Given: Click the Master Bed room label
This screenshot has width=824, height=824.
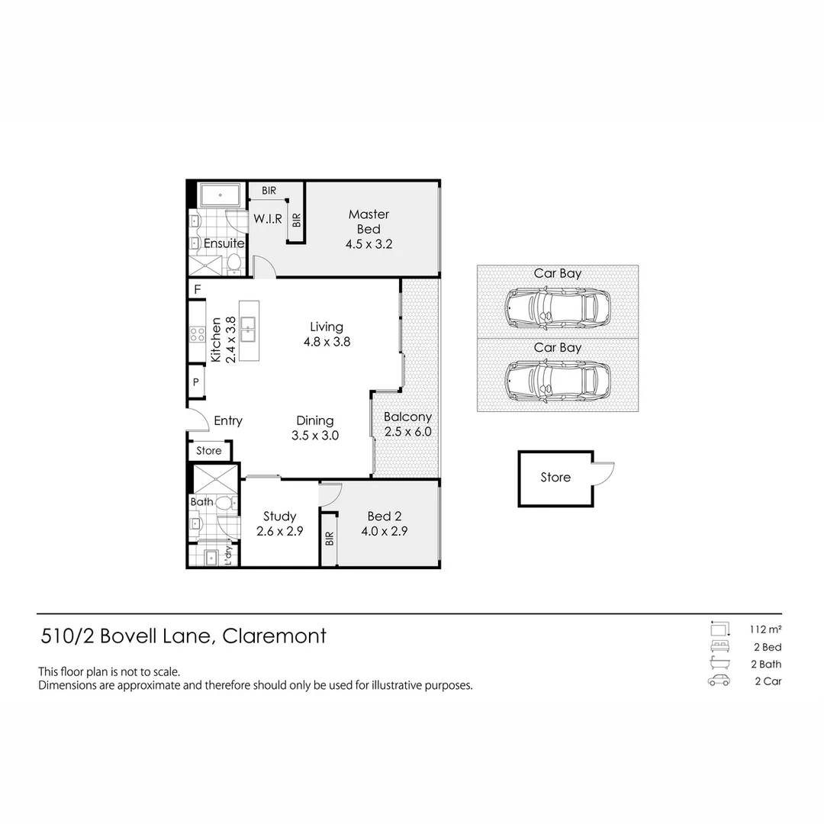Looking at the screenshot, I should pyautogui.click(x=369, y=229).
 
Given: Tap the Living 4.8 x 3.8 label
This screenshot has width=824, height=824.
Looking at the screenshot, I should pyautogui.click(x=327, y=334).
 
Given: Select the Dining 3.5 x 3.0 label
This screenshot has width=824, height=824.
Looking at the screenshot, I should pyautogui.click(x=314, y=428).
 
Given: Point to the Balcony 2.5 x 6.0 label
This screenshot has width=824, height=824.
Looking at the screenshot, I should pyautogui.click(x=407, y=424).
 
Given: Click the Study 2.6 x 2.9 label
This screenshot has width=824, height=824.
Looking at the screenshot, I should pyautogui.click(x=279, y=523).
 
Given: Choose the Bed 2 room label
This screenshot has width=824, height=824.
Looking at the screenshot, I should pyautogui.click(x=384, y=523).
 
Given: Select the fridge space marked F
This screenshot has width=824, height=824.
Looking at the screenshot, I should pyautogui.click(x=197, y=290).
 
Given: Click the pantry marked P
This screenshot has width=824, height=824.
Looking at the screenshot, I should pyautogui.click(x=196, y=383).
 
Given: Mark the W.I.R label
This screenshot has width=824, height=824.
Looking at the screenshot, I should pyautogui.click(x=268, y=219).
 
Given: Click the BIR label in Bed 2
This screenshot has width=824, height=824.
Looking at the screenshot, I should pyautogui.click(x=330, y=539).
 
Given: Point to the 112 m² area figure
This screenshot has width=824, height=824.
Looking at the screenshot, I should pyautogui.click(x=765, y=629).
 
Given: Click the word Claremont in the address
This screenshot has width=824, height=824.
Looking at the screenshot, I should pyautogui.click(x=274, y=636).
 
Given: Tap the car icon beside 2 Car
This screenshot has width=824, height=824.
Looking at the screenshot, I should pyautogui.click(x=719, y=681).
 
